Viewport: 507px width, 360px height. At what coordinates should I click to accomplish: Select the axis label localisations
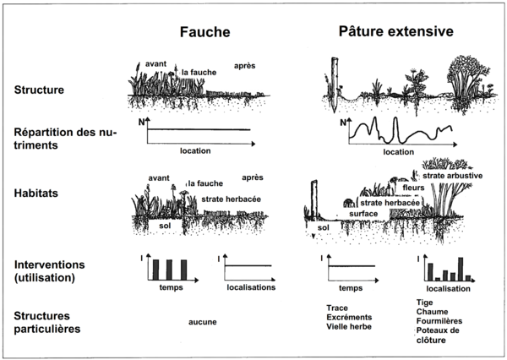254,288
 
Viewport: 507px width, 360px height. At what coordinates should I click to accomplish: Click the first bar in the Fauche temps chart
156,270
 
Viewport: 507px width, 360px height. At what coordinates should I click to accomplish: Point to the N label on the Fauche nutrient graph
140,123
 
